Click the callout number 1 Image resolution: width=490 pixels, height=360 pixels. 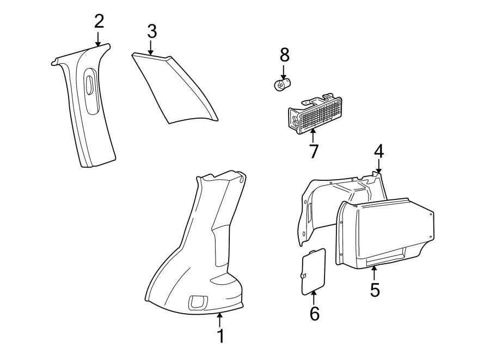point(220,336)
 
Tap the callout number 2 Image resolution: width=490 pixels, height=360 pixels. point(99,22)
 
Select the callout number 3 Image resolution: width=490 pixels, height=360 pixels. point(152,32)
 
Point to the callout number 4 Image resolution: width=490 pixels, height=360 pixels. point(378,151)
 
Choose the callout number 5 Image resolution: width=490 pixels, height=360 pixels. point(375,289)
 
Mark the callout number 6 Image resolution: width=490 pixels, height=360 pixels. point(315,313)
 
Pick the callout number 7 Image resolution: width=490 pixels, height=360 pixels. point(313,151)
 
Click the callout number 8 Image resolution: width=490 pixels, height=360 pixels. point(284,54)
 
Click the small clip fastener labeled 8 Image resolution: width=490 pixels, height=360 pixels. point(282,84)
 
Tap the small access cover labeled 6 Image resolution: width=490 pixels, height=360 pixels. point(313,271)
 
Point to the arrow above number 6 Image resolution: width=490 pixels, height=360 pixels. point(314,297)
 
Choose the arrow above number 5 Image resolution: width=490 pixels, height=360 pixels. point(375,272)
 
